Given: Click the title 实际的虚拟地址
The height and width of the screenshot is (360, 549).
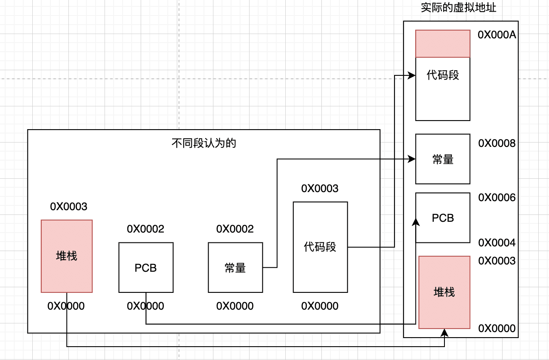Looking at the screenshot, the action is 459,8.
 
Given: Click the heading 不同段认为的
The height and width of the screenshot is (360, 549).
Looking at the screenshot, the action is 204,143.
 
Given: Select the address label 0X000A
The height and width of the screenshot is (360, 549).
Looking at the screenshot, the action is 497,35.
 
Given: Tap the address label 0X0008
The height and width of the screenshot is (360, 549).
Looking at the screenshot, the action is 497,143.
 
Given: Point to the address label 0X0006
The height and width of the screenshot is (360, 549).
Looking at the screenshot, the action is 497,197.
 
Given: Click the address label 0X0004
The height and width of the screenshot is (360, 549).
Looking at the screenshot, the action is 497,243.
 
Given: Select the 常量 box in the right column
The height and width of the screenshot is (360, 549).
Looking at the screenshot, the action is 443,159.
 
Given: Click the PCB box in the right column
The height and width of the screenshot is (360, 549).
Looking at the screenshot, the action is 443,218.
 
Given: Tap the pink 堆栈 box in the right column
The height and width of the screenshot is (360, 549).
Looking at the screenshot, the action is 444,292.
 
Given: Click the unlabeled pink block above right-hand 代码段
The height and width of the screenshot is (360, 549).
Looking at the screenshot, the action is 443,43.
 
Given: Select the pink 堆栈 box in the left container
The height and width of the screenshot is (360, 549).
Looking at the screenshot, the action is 67,256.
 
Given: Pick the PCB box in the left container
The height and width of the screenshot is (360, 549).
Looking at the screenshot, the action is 146,267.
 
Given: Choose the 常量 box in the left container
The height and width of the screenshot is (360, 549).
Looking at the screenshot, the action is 235,267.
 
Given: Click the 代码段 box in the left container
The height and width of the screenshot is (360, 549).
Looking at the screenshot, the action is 320,247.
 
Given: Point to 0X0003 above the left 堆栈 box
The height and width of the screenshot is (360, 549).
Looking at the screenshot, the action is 69,207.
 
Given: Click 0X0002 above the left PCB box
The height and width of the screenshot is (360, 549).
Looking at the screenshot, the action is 145,229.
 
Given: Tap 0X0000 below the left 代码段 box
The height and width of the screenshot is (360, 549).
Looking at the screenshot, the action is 320,306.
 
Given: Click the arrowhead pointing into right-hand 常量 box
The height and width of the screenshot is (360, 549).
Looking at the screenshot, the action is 412,159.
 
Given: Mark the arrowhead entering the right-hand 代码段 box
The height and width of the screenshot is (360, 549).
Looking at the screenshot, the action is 412,75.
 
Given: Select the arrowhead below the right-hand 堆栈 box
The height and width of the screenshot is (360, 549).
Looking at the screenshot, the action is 444,333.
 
